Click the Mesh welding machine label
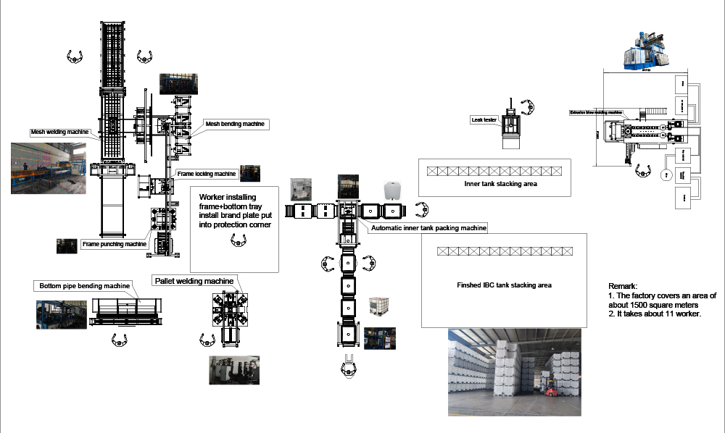tap(59, 133)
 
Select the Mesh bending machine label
tap(236, 125)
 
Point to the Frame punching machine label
tap(115, 244)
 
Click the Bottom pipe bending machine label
tap(85, 285)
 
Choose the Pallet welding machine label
tap(194, 281)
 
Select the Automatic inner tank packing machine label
tap(428, 228)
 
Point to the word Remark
tap(622, 286)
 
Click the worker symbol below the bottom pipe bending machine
tap(120, 340)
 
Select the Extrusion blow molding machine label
tap(596, 113)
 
